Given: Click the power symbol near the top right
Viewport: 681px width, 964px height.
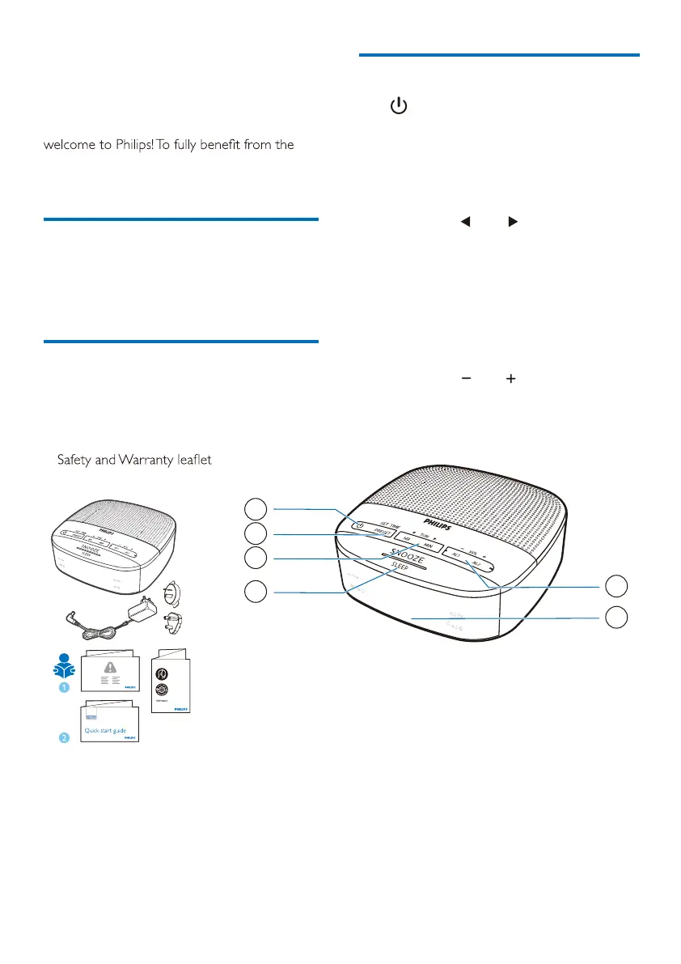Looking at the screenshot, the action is [x=398, y=106].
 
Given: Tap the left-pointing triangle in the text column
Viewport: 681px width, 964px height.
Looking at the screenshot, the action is [x=465, y=221].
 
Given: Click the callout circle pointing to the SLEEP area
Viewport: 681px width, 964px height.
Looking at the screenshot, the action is [x=256, y=592].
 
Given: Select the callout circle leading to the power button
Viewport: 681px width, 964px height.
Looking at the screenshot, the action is [x=256, y=508].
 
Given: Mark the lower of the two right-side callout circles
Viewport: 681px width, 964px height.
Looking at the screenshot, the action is [x=616, y=617].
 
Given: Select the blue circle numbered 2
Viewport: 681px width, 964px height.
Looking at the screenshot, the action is [x=64, y=737].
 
